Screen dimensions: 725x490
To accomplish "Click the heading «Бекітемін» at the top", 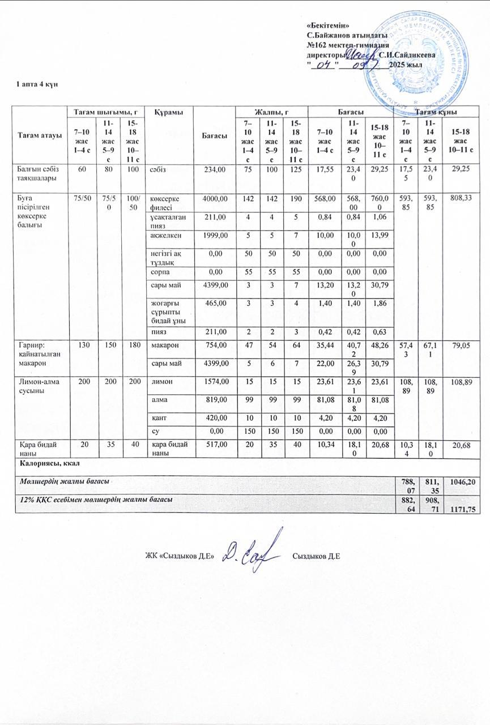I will point(327,26).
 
